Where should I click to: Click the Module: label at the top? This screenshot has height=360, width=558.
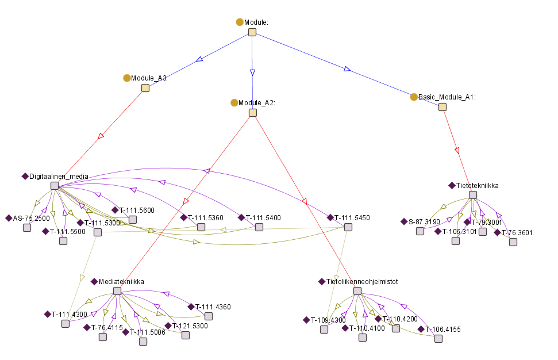pyautogui.click(x=256, y=22)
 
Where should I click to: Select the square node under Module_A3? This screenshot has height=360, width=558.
pyautogui.click(x=145, y=88)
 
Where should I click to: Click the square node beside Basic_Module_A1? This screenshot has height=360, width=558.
pyautogui.click(x=442, y=106)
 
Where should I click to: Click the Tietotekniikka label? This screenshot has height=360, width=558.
pyautogui.click(x=477, y=186)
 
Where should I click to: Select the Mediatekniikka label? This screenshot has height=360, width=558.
pyautogui.click(x=121, y=281)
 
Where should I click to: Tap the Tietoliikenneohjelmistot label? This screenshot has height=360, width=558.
pyautogui.click(x=362, y=282)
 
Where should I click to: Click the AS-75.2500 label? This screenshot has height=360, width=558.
pyautogui.click(x=32, y=219)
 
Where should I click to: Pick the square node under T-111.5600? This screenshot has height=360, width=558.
pyautogui.click(x=133, y=220)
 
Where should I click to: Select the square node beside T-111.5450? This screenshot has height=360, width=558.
pyautogui.click(x=348, y=227)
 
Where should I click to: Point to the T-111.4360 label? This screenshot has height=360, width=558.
pyautogui.click(x=213, y=307)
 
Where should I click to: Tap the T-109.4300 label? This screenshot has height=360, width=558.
pyautogui.click(x=328, y=320)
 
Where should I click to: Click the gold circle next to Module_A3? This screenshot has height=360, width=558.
pyautogui.click(x=127, y=78)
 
